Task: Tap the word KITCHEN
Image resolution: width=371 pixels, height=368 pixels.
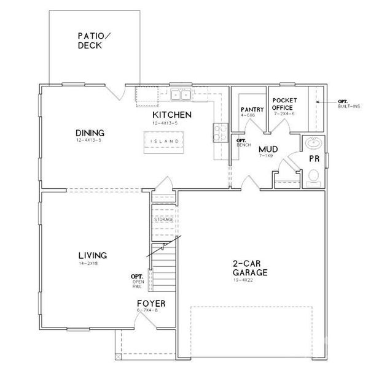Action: pyautogui.click(x=173, y=115)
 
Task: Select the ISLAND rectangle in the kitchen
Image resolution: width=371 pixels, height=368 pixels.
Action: pyautogui.click(x=164, y=141)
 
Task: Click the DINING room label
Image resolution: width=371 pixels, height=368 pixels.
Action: pyautogui.click(x=90, y=132)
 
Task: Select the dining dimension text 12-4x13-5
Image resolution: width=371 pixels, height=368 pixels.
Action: pyautogui.click(x=90, y=140)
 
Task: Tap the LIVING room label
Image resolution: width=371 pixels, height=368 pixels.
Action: pyautogui.click(x=93, y=255)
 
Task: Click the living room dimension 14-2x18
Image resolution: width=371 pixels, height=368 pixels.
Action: pyautogui.click(x=89, y=263)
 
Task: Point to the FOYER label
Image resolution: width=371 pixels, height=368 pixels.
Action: pyautogui.click(x=150, y=303)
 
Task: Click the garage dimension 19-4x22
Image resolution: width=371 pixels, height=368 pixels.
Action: pyautogui.click(x=249, y=280)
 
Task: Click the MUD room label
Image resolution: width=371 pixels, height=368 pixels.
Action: pyautogui.click(x=268, y=149)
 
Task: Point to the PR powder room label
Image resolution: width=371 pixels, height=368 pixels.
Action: pyautogui.click(x=314, y=158)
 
